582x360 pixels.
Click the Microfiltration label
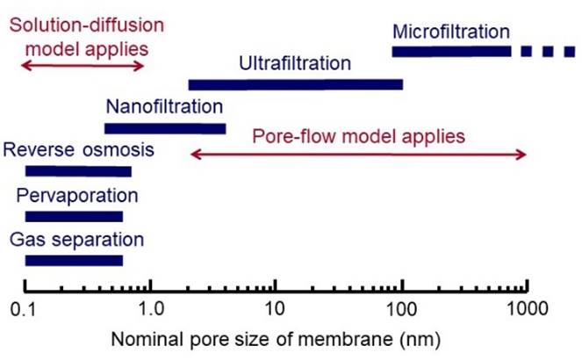click(450, 32)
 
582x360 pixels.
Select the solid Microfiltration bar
click(450, 52)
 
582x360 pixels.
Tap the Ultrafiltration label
click(294, 64)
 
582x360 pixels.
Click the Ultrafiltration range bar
click(295, 84)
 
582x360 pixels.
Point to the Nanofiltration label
click(164, 108)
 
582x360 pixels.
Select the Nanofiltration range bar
click(165, 128)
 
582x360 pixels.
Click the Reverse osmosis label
click(79, 149)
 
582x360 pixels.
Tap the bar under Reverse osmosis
click(78, 171)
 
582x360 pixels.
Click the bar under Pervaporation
click(74, 216)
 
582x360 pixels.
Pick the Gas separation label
click(76, 238)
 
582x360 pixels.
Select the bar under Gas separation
click(74, 260)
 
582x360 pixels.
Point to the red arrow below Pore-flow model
click(358, 155)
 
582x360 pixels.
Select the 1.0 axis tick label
click(151, 309)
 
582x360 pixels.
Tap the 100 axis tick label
click(401, 309)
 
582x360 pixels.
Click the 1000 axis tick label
click(528, 309)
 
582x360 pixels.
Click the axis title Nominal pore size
click(277, 338)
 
